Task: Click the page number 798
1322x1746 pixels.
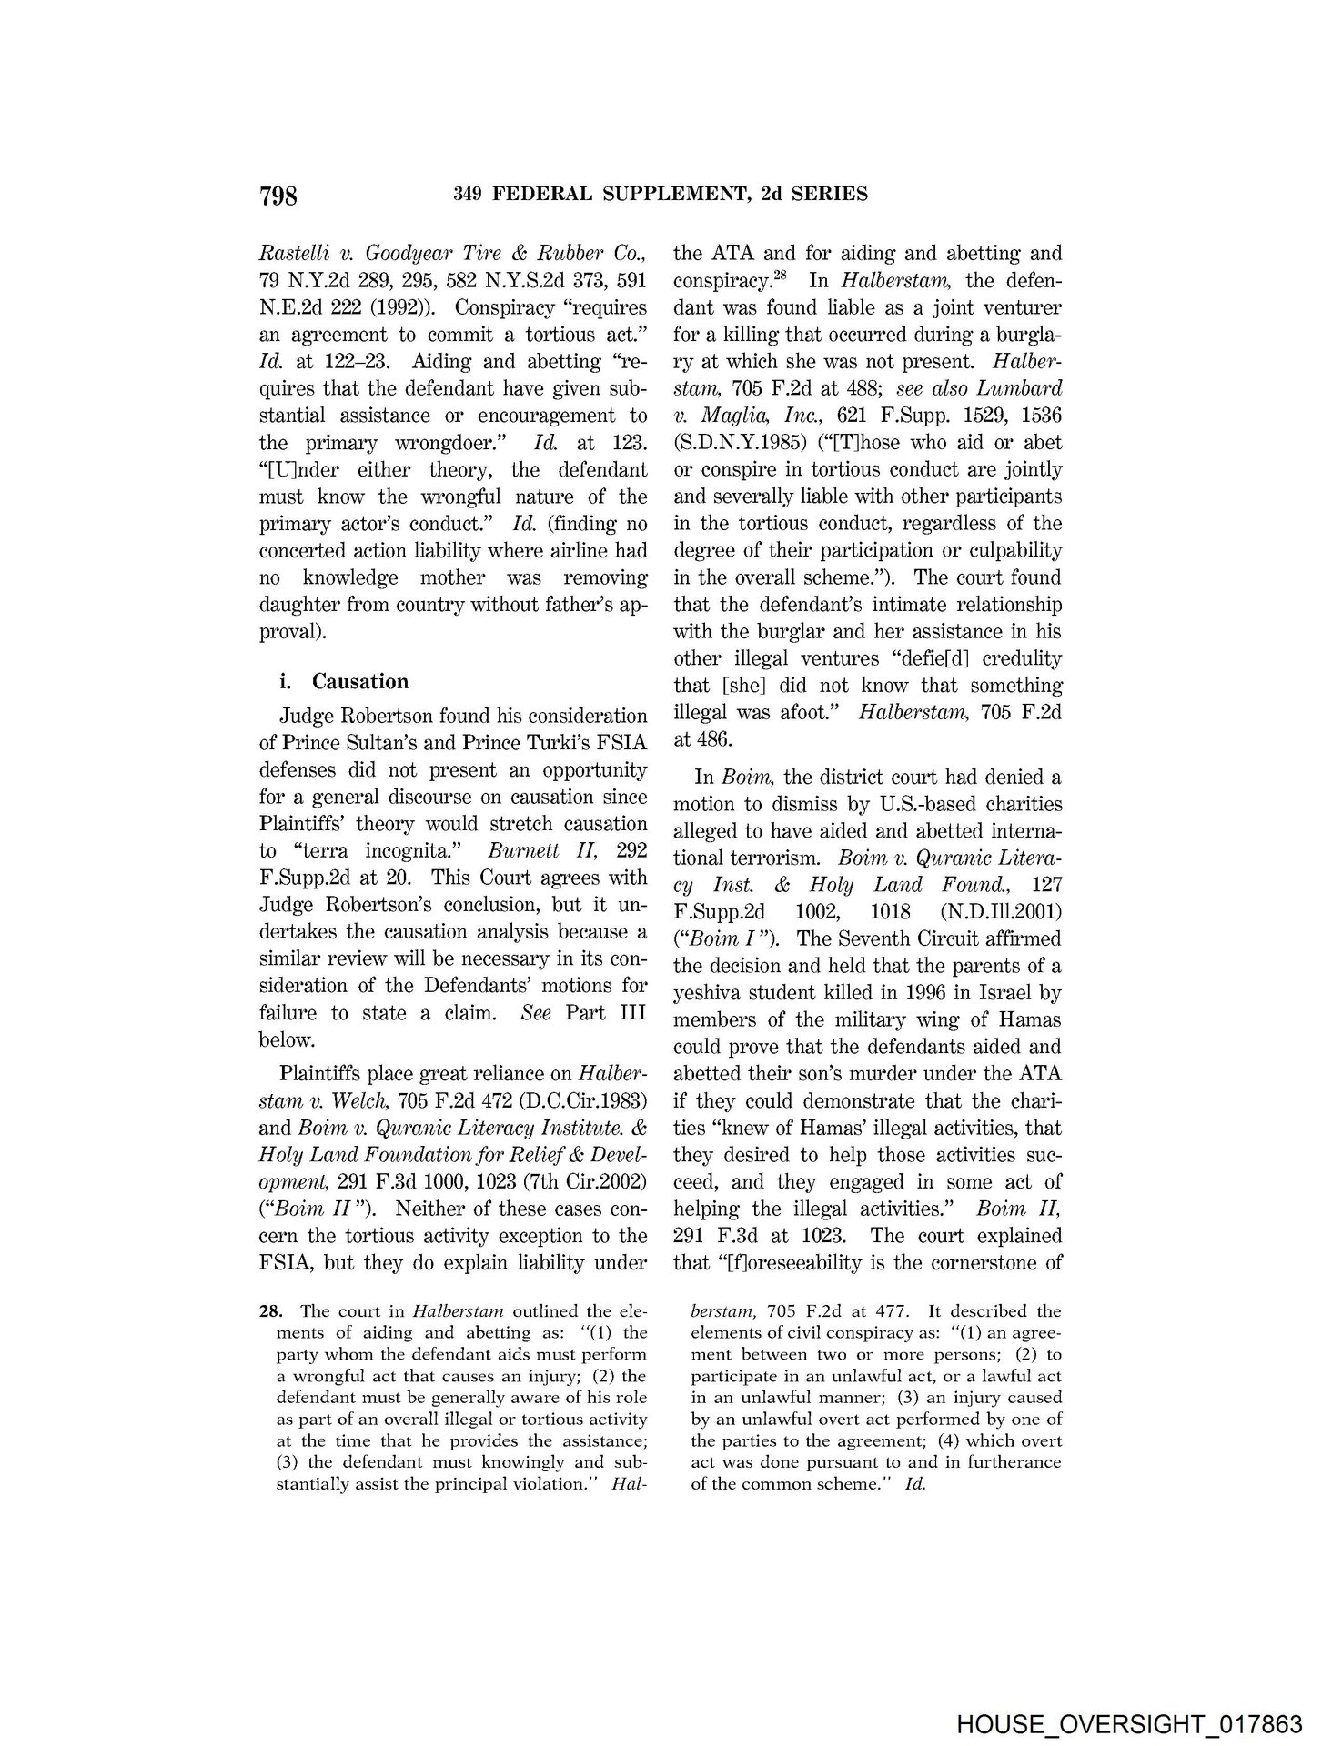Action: [278, 196]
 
